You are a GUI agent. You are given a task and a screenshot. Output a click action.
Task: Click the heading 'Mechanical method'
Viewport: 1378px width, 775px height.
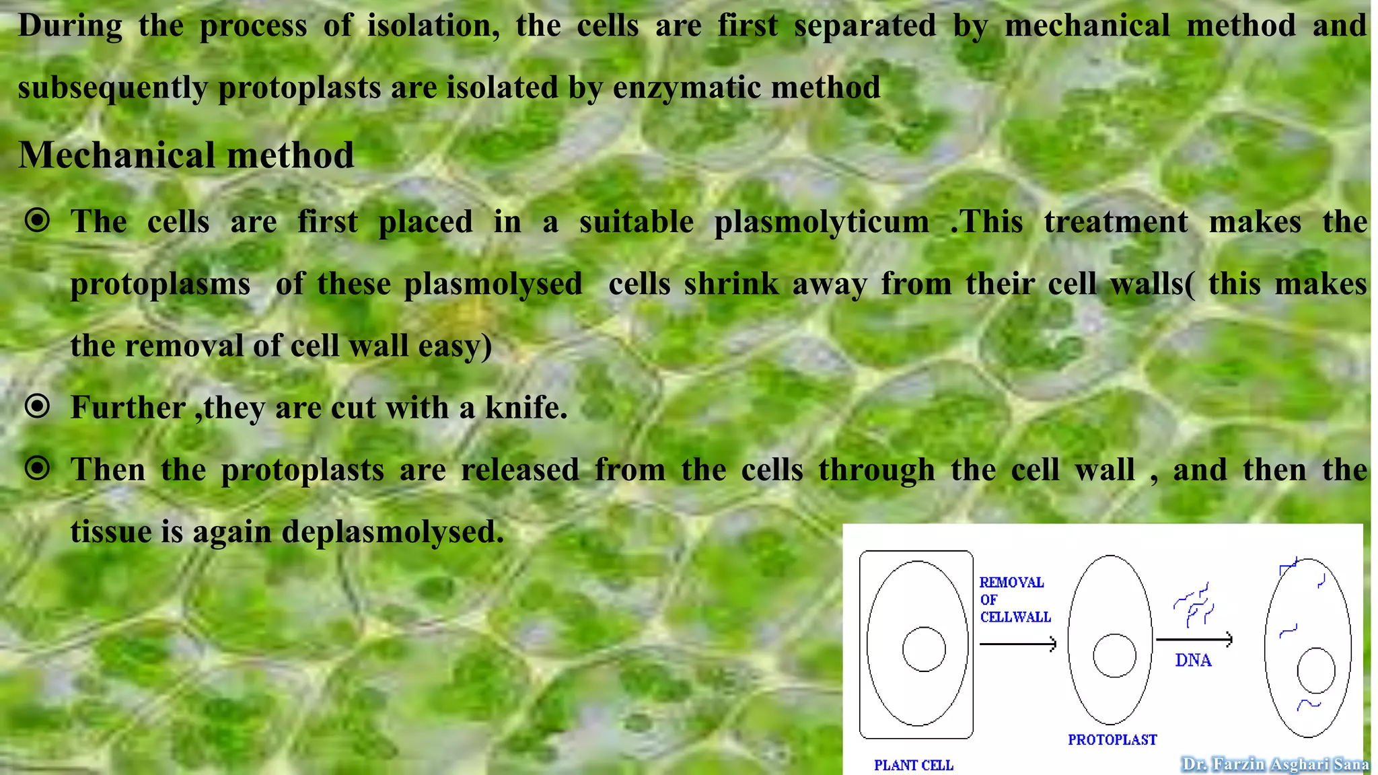coord(186,155)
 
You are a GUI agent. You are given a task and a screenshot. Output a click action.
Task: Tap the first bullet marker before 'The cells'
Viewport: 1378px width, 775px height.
coord(38,220)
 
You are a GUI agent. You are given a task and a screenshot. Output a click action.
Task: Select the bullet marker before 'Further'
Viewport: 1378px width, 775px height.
coord(38,406)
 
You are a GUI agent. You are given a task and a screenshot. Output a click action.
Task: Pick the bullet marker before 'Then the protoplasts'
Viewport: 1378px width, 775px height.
coord(38,468)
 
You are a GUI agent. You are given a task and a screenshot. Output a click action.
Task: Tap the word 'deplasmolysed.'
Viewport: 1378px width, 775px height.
coord(393,532)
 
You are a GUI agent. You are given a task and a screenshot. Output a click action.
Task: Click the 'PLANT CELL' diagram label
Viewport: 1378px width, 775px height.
coord(913,765)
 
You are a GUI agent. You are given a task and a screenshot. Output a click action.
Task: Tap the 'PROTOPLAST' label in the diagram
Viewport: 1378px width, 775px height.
coord(1112,740)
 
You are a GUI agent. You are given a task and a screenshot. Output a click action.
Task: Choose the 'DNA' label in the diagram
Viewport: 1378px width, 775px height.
coord(1193,661)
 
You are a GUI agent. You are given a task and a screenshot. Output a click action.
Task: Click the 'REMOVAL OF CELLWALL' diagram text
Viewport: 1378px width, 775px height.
coord(1014,599)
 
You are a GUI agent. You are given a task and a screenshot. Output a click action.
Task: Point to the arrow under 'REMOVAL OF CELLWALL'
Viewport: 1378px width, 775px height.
coord(1018,644)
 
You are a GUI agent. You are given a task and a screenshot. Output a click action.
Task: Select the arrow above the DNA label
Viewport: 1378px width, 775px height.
coord(1194,639)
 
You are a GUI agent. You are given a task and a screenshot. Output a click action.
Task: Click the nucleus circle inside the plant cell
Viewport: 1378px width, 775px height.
coord(924,649)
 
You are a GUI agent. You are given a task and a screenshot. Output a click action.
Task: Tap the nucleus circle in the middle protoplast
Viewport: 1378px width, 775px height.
coord(1114,655)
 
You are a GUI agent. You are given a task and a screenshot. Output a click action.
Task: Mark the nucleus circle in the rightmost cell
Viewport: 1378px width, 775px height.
coord(1316,671)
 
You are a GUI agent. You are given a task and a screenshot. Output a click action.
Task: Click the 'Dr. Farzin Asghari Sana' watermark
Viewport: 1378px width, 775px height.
coord(1275,764)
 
